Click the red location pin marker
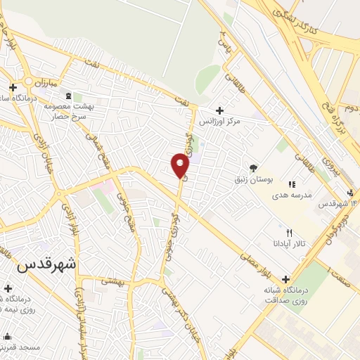click(180, 165)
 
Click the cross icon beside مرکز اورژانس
click(220, 110)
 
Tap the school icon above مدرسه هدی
click(292, 184)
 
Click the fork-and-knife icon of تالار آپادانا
click(289, 233)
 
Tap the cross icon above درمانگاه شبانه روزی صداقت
click(285, 278)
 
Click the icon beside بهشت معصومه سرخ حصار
click(67, 96)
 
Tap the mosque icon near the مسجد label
click(7, 335)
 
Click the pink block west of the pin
click(103, 187)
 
